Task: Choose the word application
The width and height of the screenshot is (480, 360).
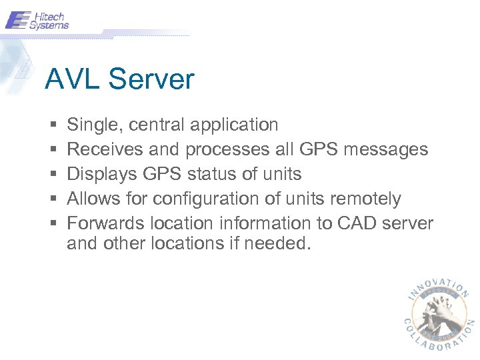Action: (233, 125)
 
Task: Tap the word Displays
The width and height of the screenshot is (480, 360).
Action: (101, 175)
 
